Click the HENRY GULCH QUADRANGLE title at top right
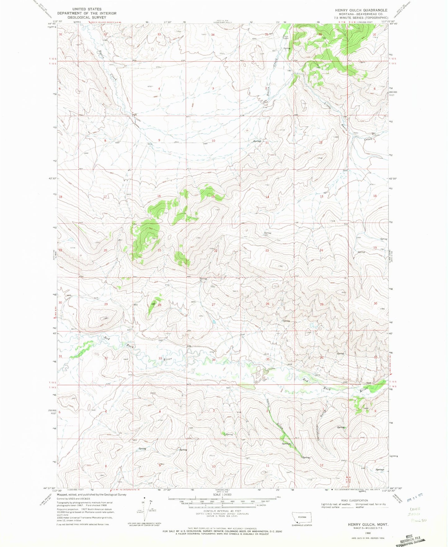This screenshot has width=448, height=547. click(x=361, y=10)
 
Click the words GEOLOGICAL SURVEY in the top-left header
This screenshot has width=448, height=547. click(x=86, y=18)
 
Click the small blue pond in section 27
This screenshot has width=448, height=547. click(x=214, y=322)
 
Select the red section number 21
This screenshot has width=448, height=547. click(x=159, y=250)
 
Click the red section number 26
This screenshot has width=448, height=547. click(x=267, y=304)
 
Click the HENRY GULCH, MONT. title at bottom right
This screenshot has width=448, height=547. click(x=368, y=524)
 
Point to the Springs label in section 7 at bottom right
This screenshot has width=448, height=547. click(x=380, y=469)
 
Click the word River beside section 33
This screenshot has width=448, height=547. click(x=167, y=359)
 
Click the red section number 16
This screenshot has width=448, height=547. click(x=159, y=196)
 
